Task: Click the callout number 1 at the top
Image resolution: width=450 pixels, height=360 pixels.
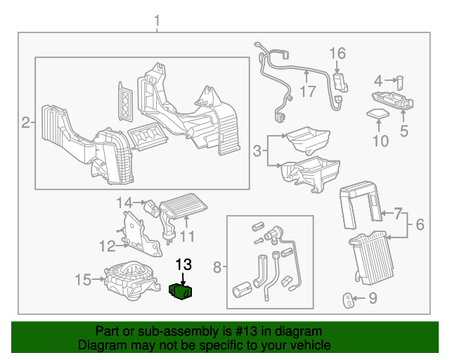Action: coord(157,22)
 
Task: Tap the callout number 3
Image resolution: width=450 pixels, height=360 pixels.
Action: coord(257,150)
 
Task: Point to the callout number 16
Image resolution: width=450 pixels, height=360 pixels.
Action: coord(337,53)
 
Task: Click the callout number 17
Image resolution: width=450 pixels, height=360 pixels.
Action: coord(307,91)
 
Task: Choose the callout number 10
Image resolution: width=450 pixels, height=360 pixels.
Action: coord(380,141)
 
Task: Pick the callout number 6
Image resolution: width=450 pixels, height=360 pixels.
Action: coord(420,225)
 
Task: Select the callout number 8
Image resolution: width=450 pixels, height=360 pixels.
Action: coord(217,267)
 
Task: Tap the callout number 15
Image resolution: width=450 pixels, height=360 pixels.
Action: coord(83,281)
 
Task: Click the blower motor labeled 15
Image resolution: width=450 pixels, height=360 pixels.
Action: coord(130,279)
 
